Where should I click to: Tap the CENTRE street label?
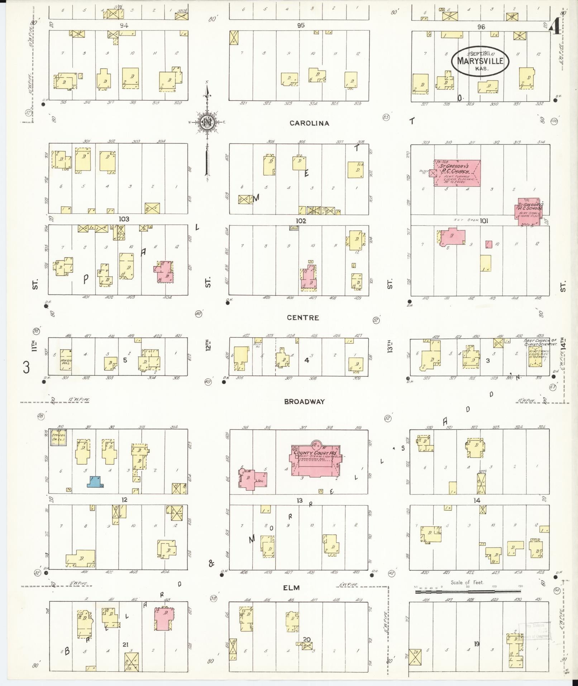point(303,318)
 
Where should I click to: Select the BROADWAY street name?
point(304,402)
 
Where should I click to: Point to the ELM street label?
point(291,588)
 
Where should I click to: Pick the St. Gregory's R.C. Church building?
point(457,173)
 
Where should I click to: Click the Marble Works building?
point(66,360)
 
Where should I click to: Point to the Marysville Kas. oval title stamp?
point(480,61)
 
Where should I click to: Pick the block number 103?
point(124,219)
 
